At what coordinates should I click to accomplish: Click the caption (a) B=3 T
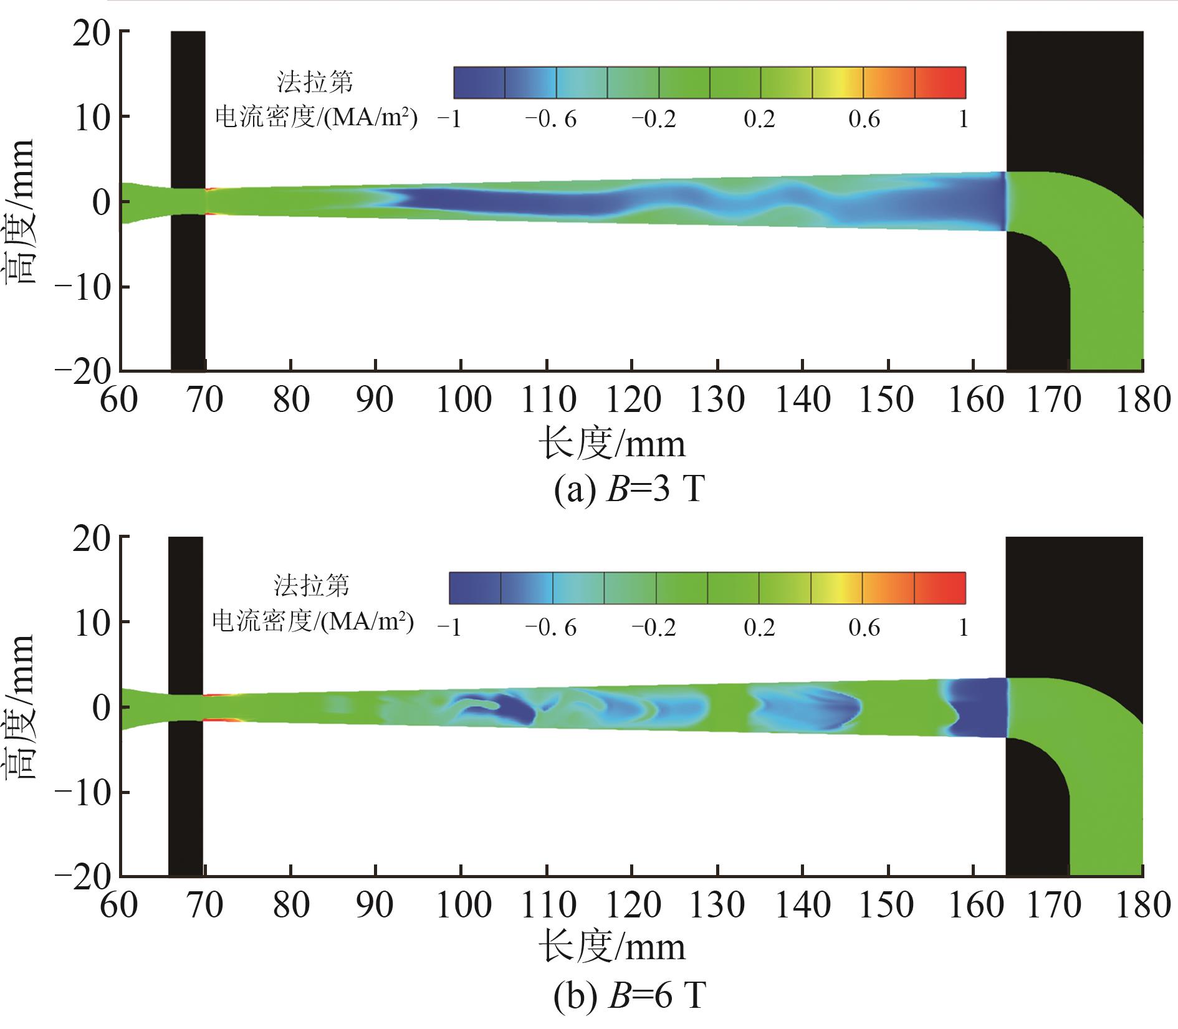[x=629, y=490]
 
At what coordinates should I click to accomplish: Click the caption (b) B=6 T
[x=629, y=995]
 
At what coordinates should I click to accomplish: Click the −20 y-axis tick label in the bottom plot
[x=84, y=876]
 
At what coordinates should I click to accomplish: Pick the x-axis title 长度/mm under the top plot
[x=611, y=444]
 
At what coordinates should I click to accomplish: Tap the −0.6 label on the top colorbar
[x=550, y=118]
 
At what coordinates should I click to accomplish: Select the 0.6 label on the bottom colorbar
[x=864, y=627]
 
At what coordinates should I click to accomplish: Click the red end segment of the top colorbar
[x=940, y=82]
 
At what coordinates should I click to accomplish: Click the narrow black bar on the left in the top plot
[x=188, y=199]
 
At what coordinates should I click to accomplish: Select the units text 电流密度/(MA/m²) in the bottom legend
[x=313, y=621]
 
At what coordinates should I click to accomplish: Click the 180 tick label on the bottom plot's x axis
[x=1142, y=905]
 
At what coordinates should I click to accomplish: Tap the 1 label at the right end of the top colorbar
[x=963, y=118]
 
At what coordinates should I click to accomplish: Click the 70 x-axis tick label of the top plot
[x=205, y=400]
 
